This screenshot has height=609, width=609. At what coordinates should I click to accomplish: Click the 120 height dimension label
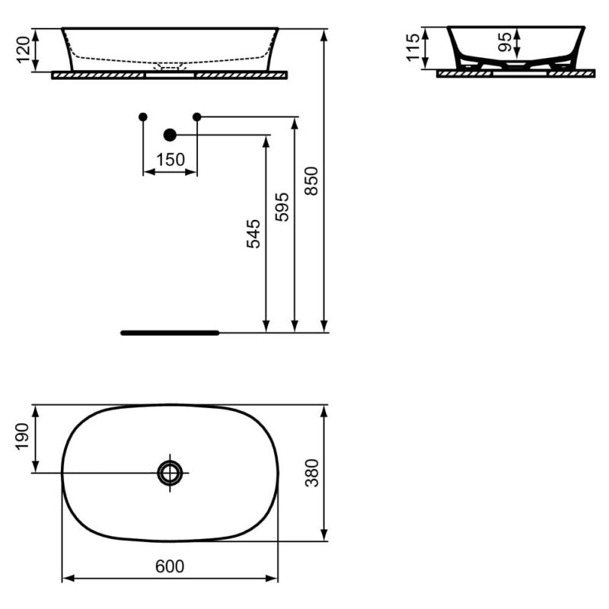[24, 49]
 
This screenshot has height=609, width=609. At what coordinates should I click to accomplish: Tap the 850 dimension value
[311, 180]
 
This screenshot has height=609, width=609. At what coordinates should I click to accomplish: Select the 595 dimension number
[282, 207]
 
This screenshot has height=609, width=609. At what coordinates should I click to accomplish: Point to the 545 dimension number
[253, 234]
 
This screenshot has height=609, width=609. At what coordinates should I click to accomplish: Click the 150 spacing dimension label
[171, 160]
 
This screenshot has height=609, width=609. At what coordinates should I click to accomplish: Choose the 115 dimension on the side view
[413, 47]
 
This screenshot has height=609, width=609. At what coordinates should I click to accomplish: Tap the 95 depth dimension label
[505, 42]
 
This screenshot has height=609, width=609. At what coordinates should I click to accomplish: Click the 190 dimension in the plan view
[22, 437]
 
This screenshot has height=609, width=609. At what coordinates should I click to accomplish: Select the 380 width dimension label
[312, 473]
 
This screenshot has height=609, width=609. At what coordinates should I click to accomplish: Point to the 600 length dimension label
[170, 566]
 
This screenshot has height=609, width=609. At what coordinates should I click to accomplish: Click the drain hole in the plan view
[170, 473]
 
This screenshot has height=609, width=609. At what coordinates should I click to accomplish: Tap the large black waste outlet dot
[170, 136]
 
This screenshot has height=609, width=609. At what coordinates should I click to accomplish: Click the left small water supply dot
[143, 116]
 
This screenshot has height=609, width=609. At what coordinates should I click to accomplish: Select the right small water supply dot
[197, 116]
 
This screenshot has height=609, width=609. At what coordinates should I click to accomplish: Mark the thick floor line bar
[170, 333]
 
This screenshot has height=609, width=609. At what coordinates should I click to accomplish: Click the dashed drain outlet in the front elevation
[170, 66]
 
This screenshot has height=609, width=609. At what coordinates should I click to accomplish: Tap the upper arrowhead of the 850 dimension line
[324, 35]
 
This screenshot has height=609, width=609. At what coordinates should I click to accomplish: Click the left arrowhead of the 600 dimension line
[69, 579]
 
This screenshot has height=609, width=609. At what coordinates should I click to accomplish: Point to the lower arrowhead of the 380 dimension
[324, 535]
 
